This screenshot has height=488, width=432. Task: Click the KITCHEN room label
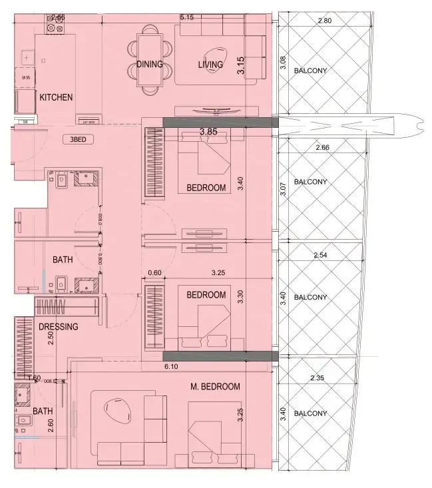[x=56, y=97]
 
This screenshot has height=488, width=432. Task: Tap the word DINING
[x=150, y=65]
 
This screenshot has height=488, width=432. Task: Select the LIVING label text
[x=210, y=65]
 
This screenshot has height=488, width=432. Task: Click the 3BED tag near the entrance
[x=77, y=140]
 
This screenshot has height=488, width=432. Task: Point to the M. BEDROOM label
[x=215, y=387]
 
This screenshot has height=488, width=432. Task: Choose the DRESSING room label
[x=59, y=327]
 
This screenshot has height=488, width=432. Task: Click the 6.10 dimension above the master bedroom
[x=172, y=366]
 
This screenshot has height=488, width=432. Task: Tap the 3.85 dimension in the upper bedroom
[x=209, y=132]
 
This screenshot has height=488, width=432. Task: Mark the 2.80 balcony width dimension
[x=324, y=21]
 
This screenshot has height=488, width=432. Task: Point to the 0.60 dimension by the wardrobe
[x=154, y=272]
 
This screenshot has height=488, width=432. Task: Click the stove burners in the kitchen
[x=54, y=26]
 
